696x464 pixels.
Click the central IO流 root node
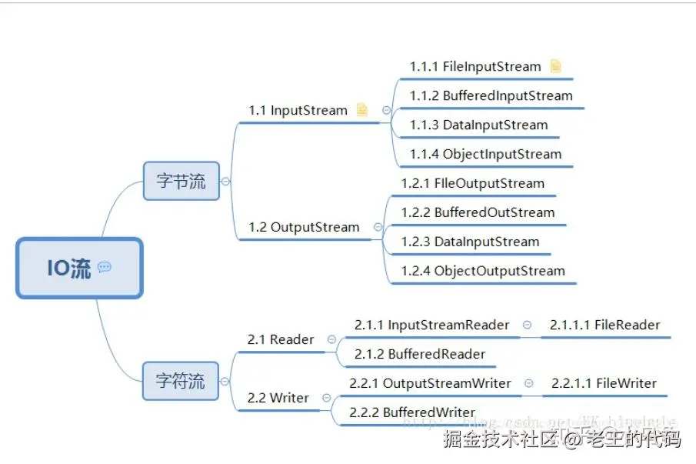pos(79,268)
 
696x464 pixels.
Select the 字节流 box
pos(181,182)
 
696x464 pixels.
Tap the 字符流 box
pos(181,381)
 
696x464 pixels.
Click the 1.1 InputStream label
pos(298,111)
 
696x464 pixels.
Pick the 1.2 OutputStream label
pos(304,228)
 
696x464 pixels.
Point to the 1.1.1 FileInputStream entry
pos(475,67)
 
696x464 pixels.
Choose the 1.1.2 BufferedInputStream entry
pos(491,96)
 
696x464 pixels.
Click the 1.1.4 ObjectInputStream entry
pos(485,155)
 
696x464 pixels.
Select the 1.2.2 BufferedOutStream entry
pos(478,213)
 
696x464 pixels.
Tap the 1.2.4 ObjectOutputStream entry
pos(483,272)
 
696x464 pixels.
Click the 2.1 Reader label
pos(281,340)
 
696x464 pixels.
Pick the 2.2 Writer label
pos(278,399)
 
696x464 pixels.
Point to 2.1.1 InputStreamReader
pos(431,325)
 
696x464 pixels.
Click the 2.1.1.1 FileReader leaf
pos(604,325)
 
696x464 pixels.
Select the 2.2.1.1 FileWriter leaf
pos(604,384)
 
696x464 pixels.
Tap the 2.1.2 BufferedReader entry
pos(420,355)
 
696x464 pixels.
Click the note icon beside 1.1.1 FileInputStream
pos(555,66)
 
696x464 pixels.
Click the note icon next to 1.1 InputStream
pos(362,110)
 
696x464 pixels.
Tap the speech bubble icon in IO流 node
pos(105,268)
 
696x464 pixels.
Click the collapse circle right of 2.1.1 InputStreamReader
pos(527,325)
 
